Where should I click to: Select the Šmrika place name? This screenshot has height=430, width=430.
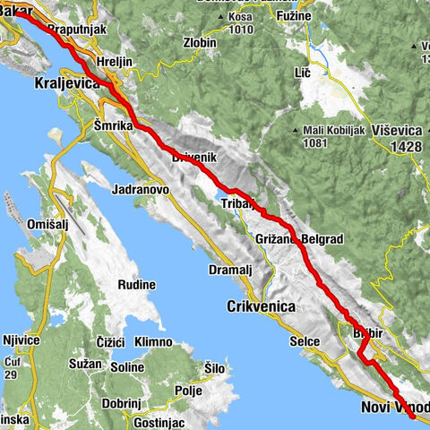(x=114, y=129)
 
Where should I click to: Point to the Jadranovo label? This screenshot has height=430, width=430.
(x=142, y=190)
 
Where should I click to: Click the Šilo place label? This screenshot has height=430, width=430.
(x=214, y=368)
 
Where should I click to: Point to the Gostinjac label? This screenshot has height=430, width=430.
(x=159, y=421)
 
